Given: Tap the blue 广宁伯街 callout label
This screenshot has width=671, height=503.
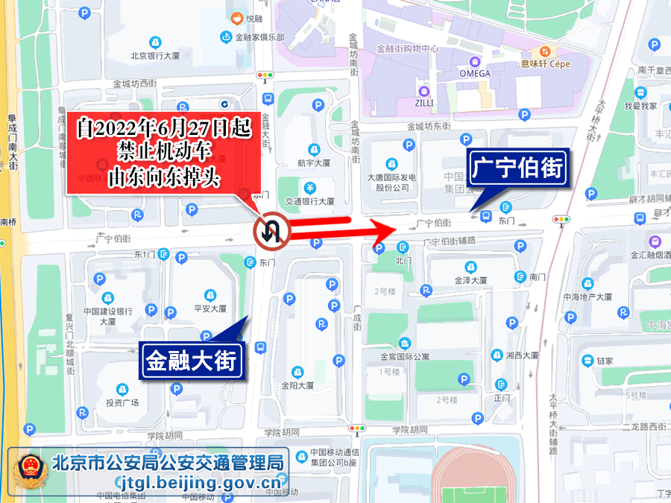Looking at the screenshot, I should click(517, 169).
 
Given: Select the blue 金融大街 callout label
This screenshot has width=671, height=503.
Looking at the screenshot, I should click(191, 361).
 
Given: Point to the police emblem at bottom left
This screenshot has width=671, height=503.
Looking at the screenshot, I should click(29, 472).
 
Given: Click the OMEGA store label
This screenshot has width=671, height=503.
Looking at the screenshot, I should click(474, 74).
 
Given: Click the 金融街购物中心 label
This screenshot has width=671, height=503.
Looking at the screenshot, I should click(407, 49).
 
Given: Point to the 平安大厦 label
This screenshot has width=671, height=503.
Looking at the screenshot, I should click(210, 308).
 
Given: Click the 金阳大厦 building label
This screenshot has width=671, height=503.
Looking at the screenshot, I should click(297, 385).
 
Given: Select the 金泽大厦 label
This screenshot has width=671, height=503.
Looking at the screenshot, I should click(470, 280).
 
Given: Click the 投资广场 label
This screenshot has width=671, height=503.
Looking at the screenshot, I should click(122, 402).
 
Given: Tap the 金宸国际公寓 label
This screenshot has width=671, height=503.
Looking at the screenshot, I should click(405, 356).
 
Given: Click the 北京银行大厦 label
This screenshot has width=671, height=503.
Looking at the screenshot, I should click(156, 55).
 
